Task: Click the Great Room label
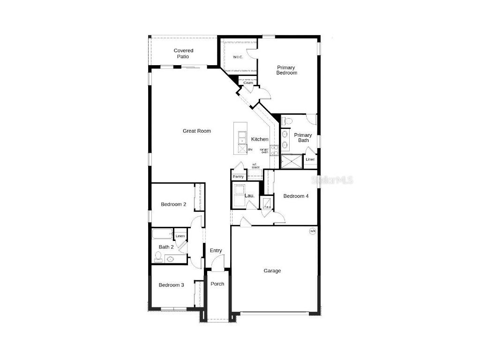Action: coord(196,131)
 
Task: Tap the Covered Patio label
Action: coord(183,53)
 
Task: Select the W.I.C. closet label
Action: coord(238,58)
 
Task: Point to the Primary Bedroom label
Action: coord(286,70)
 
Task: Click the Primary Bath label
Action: coord(303,138)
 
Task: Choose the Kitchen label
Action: coord(260,139)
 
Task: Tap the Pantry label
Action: coord(238,177)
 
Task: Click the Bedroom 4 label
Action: coord(296,196)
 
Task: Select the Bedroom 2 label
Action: coord(173,204)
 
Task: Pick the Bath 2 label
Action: coord(166,247)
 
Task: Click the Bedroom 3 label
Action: coord(171,285)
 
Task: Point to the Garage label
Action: coord(272,271)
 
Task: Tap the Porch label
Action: coord(217,284)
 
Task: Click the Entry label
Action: coord(216,251)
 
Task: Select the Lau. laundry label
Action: coord(249,195)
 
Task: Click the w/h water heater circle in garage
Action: coord(313,231)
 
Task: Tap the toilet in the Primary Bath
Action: coord(288,121)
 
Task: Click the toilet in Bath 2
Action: coord(158,256)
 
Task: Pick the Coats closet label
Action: coord(248,83)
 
